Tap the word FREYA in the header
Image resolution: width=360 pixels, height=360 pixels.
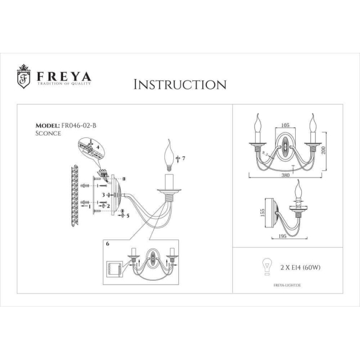(64, 77)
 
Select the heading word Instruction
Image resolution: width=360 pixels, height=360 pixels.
(179, 84)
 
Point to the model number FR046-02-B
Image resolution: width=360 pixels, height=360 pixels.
(79, 125)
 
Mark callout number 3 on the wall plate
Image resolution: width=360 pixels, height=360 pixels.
(103, 195)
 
